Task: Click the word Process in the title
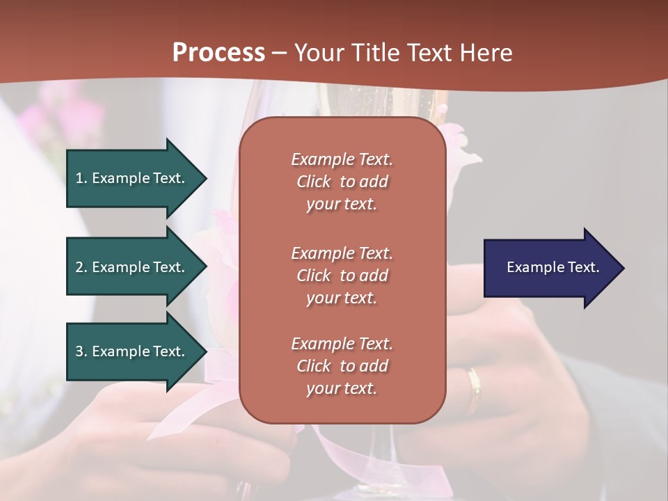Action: tap(218, 52)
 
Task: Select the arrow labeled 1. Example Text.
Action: tap(132, 178)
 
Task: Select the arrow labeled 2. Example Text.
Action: tap(132, 267)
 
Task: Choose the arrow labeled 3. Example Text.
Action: tap(132, 351)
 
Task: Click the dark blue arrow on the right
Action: tap(550, 267)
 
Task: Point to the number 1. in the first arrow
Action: tap(81, 178)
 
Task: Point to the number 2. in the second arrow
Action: tap(81, 267)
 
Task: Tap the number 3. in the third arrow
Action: tap(81, 351)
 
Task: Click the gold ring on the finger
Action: tap(474, 390)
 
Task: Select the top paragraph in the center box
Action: tap(342, 182)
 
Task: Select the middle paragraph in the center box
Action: tap(342, 275)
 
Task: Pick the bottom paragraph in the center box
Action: tap(342, 366)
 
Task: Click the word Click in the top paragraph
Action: tap(314, 182)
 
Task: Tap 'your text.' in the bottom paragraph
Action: tap(342, 388)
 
